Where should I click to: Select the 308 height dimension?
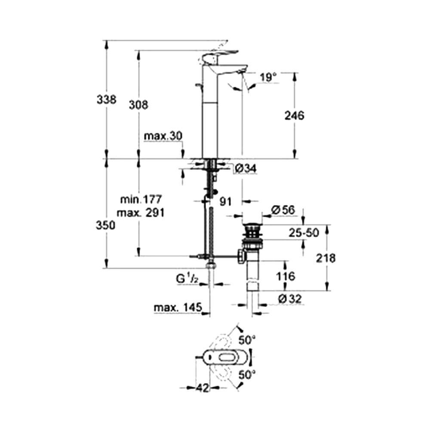click(138, 104)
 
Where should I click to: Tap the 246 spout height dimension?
click(295, 115)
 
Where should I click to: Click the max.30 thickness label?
click(163, 136)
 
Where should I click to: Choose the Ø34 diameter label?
click(246, 169)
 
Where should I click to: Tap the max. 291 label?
click(141, 212)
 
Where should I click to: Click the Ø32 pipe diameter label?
click(289, 298)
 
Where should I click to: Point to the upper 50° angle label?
click(247, 340)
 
